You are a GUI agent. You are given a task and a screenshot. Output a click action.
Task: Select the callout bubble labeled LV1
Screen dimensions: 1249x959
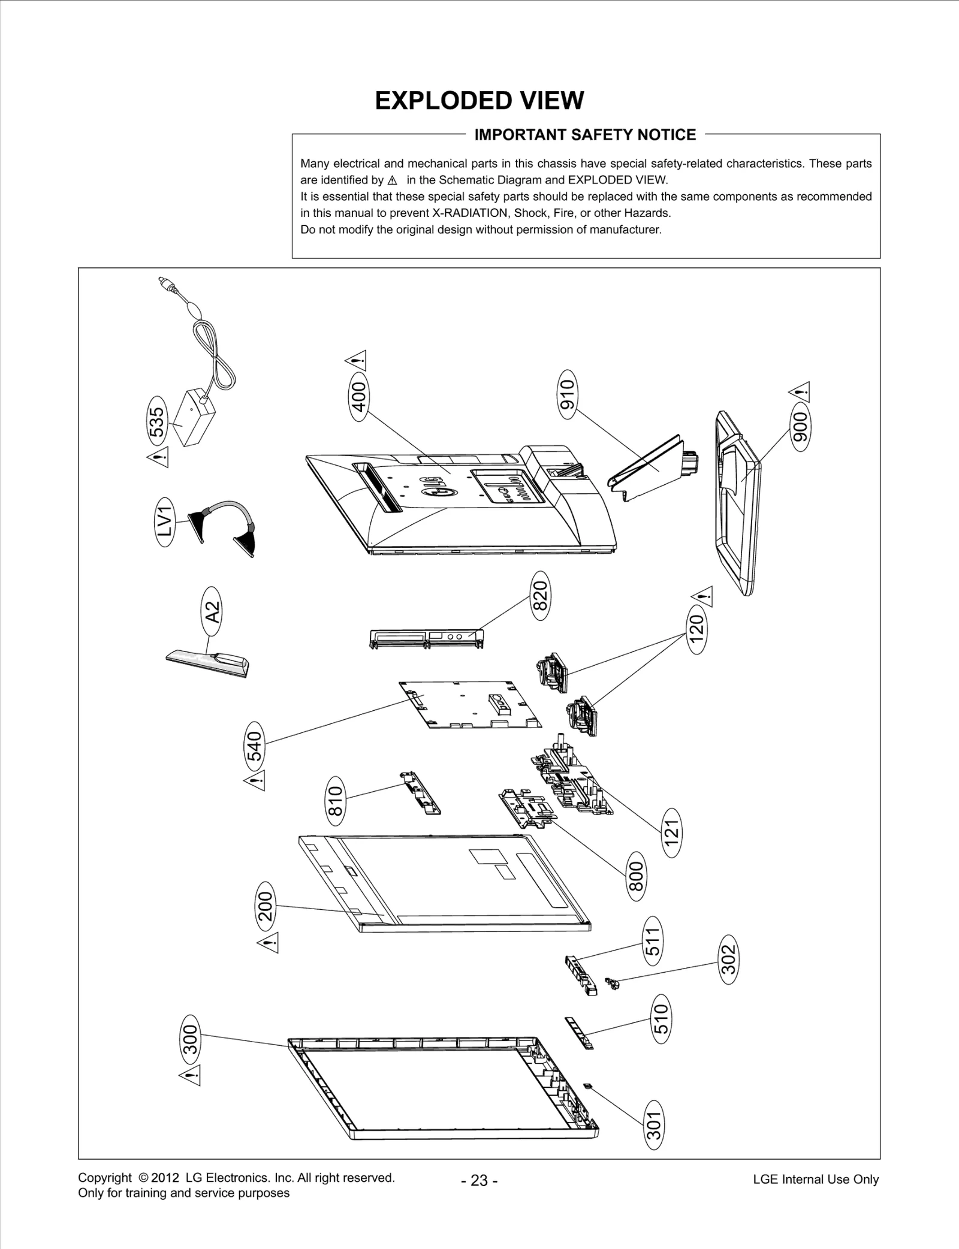coord(166,520)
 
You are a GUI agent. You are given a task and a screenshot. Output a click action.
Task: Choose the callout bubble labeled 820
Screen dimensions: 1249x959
coord(540,595)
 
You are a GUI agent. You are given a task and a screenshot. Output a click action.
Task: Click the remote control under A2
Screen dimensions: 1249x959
coord(208,662)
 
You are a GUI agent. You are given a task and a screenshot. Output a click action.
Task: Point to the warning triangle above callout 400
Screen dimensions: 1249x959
coord(356,361)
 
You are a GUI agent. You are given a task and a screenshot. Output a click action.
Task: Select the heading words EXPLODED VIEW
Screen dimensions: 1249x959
coord(479,101)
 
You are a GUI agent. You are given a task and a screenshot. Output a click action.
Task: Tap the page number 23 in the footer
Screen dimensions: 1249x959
coord(479,1180)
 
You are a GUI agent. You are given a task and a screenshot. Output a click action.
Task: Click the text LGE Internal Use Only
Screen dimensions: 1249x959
coord(815,1179)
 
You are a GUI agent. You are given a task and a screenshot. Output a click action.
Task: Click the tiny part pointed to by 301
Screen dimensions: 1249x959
coord(588,1085)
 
